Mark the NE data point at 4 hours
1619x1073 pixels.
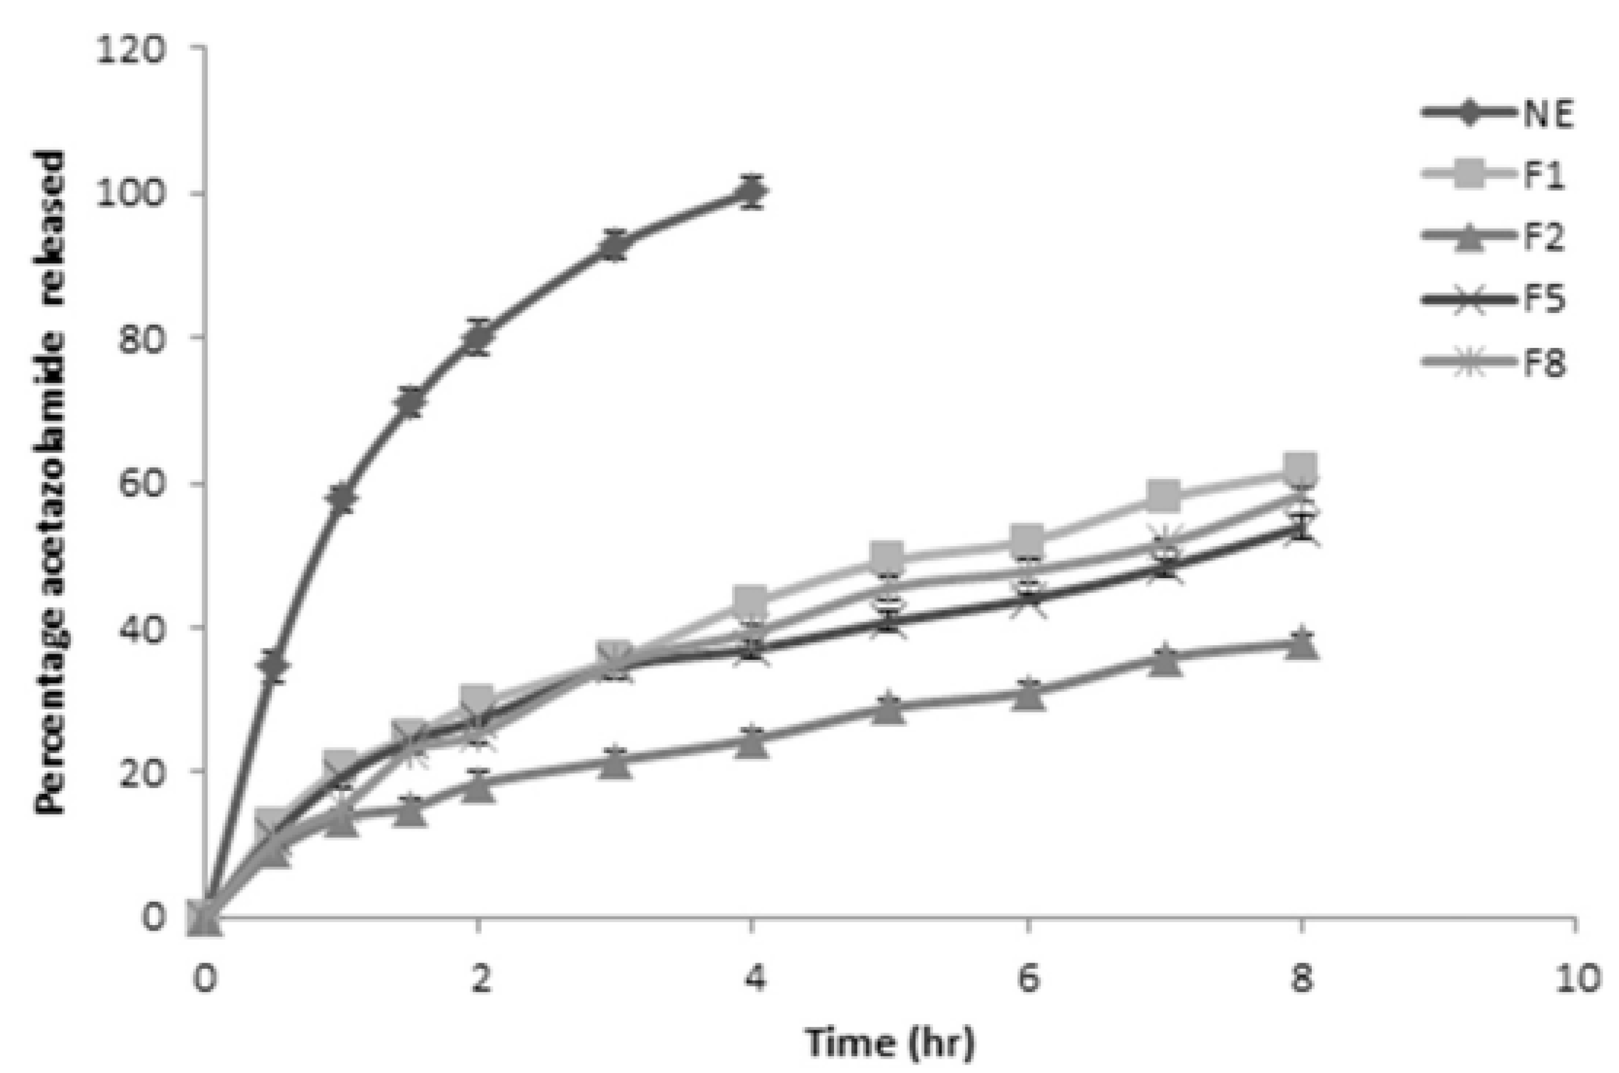coord(752,191)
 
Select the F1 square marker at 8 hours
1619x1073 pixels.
coord(1301,469)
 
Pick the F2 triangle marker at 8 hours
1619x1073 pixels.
coord(1301,644)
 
